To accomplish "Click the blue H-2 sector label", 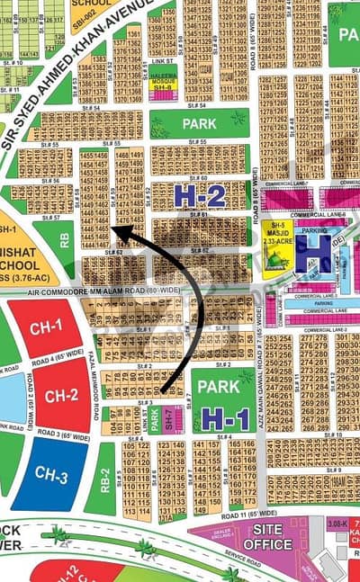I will (199, 197).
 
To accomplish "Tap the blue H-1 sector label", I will (225, 417).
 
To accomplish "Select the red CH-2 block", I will (61, 395).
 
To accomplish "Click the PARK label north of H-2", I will (200, 123).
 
